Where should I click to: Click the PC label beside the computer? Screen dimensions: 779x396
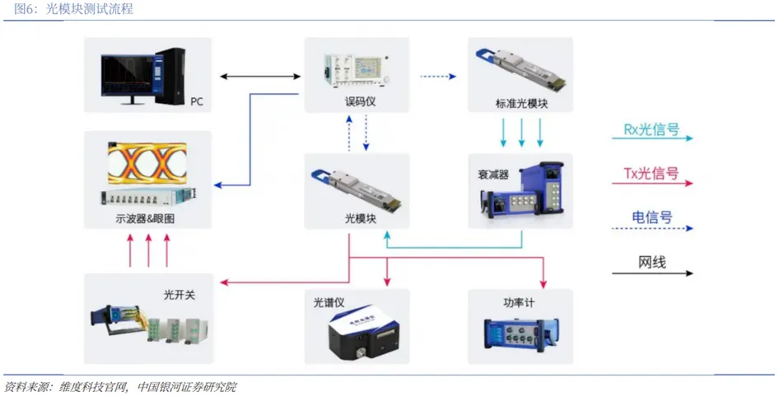(197, 101)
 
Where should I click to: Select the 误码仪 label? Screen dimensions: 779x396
(360, 101)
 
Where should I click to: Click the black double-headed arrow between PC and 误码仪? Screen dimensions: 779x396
(260, 77)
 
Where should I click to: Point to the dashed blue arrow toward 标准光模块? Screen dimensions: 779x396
(438, 77)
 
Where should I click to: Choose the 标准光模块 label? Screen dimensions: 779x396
(521, 104)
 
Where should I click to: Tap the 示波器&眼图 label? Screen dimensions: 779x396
(145, 219)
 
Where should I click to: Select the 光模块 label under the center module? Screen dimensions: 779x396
(360, 218)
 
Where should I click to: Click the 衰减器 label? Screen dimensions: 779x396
(493, 175)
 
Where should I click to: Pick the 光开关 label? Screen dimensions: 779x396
(180, 295)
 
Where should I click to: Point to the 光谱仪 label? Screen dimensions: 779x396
(329, 302)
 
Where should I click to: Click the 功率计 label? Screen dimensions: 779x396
(519, 302)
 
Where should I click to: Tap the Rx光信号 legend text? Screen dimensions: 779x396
(651, 129)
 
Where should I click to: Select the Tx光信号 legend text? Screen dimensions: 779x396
(651, 174)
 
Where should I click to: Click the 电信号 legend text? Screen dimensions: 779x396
(652, 217)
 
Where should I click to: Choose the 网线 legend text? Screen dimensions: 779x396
(652, 262)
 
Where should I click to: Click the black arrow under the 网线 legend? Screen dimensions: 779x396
(652, 273)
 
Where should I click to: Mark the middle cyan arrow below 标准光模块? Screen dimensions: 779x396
(521, 133)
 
